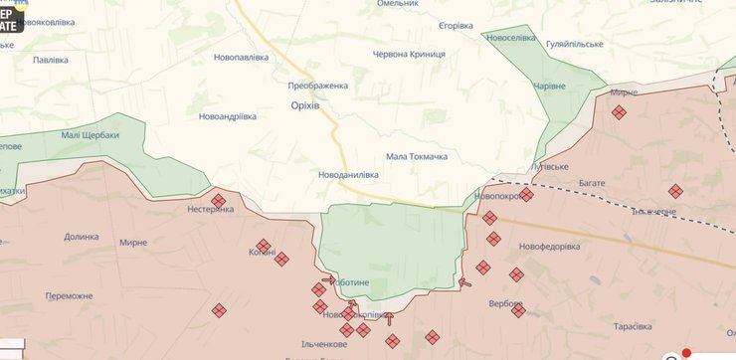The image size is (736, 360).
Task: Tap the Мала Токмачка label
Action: [417, 156]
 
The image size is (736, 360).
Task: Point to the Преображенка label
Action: [318, 86]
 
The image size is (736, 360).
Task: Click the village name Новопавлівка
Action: [242, 57]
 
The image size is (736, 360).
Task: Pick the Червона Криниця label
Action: [409, 54]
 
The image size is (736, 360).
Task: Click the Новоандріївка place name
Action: [229, 116]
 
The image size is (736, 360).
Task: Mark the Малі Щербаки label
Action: [90, 134]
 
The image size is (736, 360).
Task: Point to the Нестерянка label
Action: [211, 210]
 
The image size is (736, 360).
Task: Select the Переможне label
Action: [70, 295]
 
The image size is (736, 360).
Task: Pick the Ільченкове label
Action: [323, 344]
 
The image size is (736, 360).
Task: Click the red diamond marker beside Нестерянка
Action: [219, 201]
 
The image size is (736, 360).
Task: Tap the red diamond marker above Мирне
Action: [619, 113]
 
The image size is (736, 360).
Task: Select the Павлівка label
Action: [51, 60]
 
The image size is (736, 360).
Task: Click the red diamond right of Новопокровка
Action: [526, 195]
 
